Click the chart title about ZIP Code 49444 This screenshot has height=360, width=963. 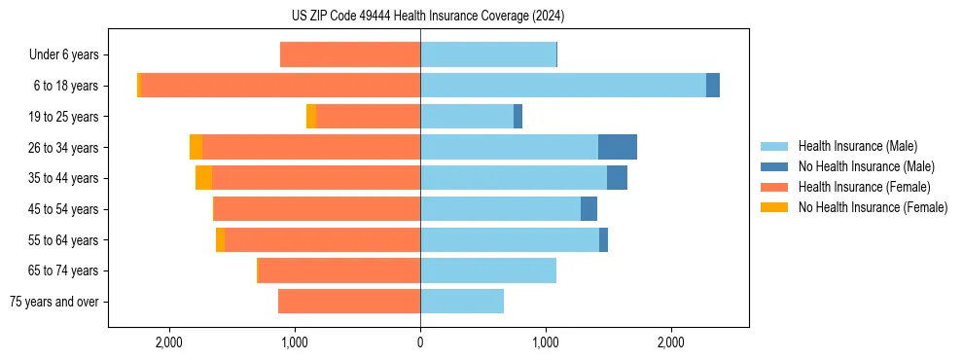[420, 16]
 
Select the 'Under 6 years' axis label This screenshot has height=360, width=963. [63, 55]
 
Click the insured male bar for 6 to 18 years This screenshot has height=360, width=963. [562, 86]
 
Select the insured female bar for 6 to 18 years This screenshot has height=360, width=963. [280, 86]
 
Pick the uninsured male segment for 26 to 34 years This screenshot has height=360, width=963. [617, 147]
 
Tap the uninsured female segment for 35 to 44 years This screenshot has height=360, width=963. [203, 178]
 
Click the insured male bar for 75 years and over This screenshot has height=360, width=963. [462, 302]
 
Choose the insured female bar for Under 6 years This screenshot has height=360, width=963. [350, 55]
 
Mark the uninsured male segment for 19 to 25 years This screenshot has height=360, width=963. [517, 117]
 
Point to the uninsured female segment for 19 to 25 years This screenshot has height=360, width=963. [311, 117]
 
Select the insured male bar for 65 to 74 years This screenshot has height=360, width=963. [488, 270]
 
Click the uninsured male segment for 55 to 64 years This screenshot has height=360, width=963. [603, 239]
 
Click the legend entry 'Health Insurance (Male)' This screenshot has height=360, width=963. [857, 146]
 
